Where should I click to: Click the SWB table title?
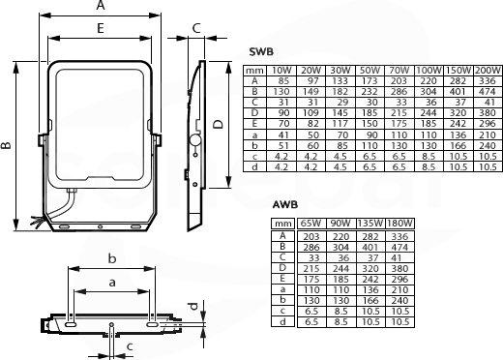[261, 51]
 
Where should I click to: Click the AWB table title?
[285, 204]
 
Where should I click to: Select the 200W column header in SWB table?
[488, 70]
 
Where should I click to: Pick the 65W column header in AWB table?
[311, 223]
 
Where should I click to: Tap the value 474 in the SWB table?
[488, 92]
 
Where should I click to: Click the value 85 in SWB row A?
[282, 80]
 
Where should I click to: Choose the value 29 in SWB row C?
[342, 103]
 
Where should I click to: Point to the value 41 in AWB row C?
[396, 257]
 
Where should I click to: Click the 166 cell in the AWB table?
[370, 300]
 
